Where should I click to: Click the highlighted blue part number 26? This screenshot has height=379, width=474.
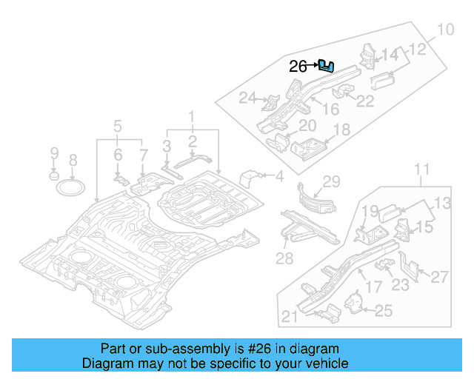(x=326, y=67)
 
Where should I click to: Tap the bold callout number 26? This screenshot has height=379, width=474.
(x=298, y=67)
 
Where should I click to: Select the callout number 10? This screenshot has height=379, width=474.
(x=445, y=30)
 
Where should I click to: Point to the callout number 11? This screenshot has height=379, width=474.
(x=421, y=172)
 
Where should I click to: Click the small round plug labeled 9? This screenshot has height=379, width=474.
(x=54, y=178)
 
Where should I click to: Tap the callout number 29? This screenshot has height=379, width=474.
(x=330, y=181)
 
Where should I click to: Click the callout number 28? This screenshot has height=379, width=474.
(x=284, y=258)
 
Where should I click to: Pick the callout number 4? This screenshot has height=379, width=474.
(x=279, y=176)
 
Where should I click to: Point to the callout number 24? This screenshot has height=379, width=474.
(x=247, y=97)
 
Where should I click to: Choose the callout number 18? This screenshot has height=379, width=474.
(x=341, y=130)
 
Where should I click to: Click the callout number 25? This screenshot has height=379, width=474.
(x=383, y=312)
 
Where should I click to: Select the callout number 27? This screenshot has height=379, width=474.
(x=440, y=277)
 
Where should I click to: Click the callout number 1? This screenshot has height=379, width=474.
(x=191, y=116)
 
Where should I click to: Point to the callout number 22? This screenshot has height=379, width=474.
(x=365, y=101)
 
